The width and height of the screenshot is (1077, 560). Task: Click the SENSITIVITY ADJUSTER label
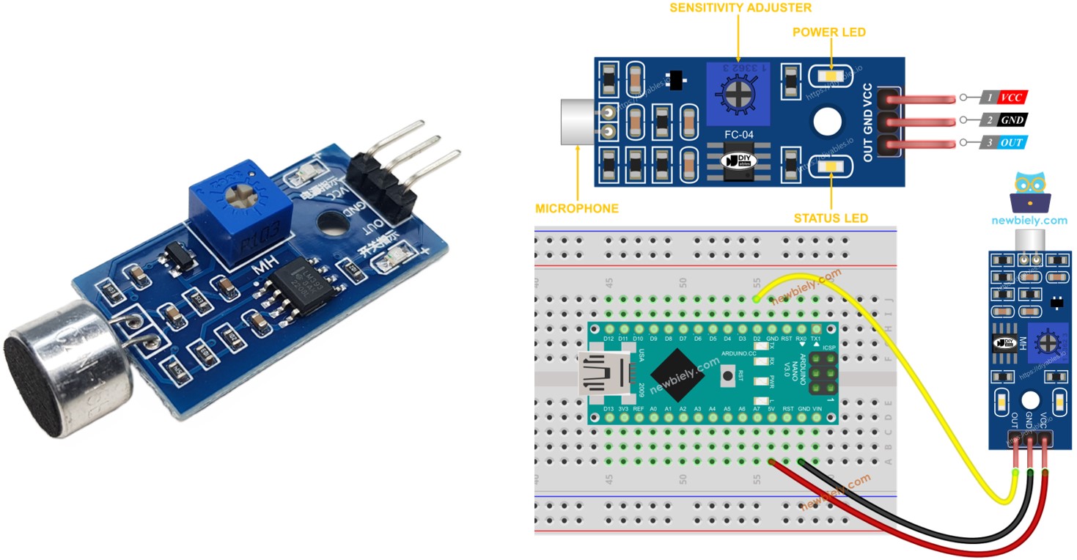pos(740,8)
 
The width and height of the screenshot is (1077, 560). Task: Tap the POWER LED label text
pos(829,32)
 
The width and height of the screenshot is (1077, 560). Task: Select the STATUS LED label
pos(831,218)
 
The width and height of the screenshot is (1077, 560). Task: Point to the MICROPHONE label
pos(577,208)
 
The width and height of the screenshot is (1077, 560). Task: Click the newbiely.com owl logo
pos(1030,192)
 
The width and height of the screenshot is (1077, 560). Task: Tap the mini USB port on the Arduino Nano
pos(603,375)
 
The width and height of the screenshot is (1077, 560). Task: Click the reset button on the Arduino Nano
pos(728,376)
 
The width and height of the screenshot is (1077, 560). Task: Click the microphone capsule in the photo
pos(70,366)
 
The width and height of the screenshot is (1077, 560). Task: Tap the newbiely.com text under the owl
pos(1029,220)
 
